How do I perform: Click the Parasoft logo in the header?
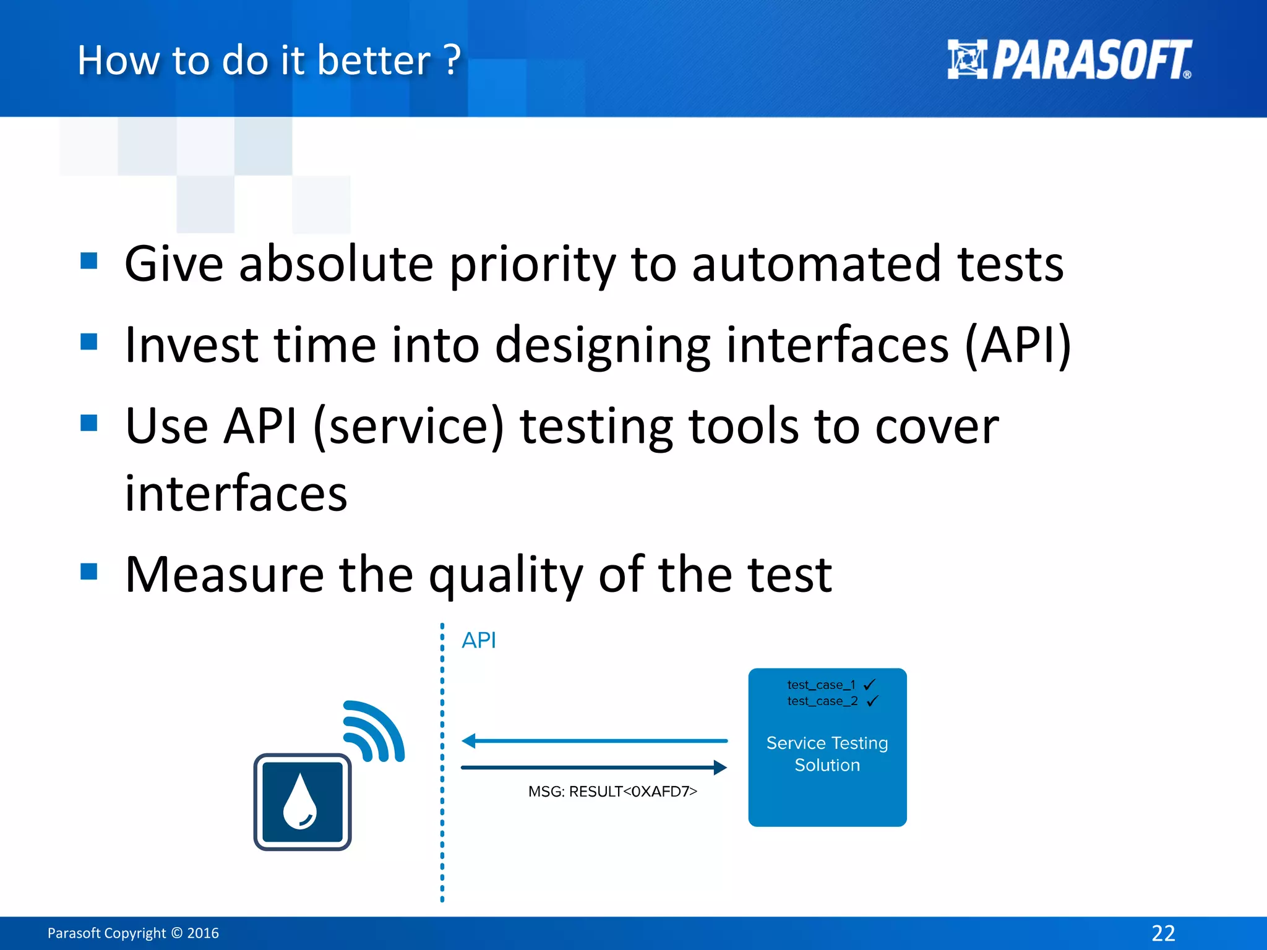[1068, 60]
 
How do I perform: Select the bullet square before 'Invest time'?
[89, 341]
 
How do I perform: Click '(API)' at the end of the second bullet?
[1018, 345]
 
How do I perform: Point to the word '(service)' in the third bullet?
[409, 426]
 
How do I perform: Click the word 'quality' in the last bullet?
[505, 575]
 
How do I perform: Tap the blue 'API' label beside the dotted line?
[479, 640]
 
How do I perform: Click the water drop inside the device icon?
[300, 802]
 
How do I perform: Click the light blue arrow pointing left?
[594, 740]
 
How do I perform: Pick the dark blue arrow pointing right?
[594, 768]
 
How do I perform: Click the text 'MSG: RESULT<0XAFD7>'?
[612, 792]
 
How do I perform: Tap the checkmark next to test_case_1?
[869, 684]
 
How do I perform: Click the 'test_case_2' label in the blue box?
[822, 701]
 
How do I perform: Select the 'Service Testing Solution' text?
[827, 754]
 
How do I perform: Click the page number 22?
[1163, 933]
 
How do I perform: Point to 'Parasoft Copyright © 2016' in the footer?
[133, 933]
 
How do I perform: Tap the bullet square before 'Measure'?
[89, 571]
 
